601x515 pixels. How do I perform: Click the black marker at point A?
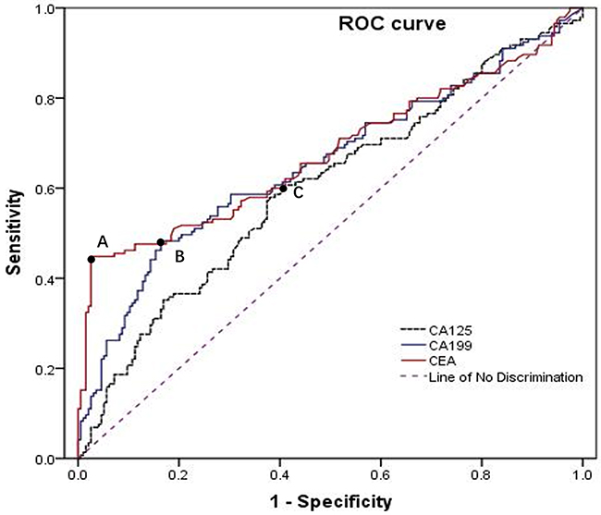(91, 259)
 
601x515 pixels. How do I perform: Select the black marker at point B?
(161, 242)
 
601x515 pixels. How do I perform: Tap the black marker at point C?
(283, 189)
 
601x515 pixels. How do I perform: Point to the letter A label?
(103, 240)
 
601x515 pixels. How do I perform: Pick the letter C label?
(298, 193)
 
